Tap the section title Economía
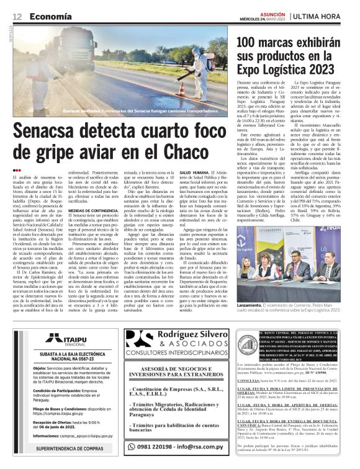[48, 16]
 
